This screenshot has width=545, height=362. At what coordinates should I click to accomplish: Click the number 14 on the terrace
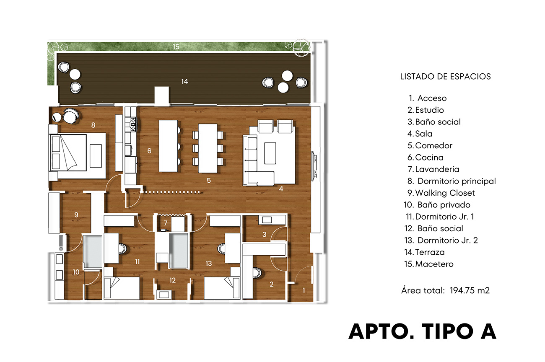(x=184, y=81)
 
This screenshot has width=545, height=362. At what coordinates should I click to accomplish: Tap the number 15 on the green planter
(x=176, y=47)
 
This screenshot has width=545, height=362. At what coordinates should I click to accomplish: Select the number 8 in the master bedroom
(x=93, y=125)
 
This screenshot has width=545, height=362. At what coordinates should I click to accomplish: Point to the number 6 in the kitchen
(x=149, y=151)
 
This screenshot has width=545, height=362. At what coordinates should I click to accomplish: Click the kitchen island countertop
(x=168, y=146)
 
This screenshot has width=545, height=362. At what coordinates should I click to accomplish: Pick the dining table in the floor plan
(x=208, y=148)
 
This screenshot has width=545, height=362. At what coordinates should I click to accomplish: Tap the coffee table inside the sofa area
(x=270, y=153)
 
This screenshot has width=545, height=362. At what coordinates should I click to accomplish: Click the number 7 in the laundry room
(x=166, y=223)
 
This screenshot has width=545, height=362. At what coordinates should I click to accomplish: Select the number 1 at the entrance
(x=304, y=290)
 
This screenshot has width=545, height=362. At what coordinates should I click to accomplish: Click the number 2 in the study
(x=272, y=284)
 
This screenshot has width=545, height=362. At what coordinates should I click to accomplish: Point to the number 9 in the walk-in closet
(x=76, y=215)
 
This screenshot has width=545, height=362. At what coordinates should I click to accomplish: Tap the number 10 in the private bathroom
(x=76, y=272)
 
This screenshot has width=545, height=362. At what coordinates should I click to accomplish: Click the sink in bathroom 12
(x=164, y=295)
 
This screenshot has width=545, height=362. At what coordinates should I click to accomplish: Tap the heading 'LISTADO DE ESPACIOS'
(x=445, y=77)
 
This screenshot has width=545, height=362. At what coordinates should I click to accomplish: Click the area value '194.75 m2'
(x=470, y=290)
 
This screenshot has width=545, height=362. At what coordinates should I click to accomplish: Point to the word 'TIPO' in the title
(x=448, y=331)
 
